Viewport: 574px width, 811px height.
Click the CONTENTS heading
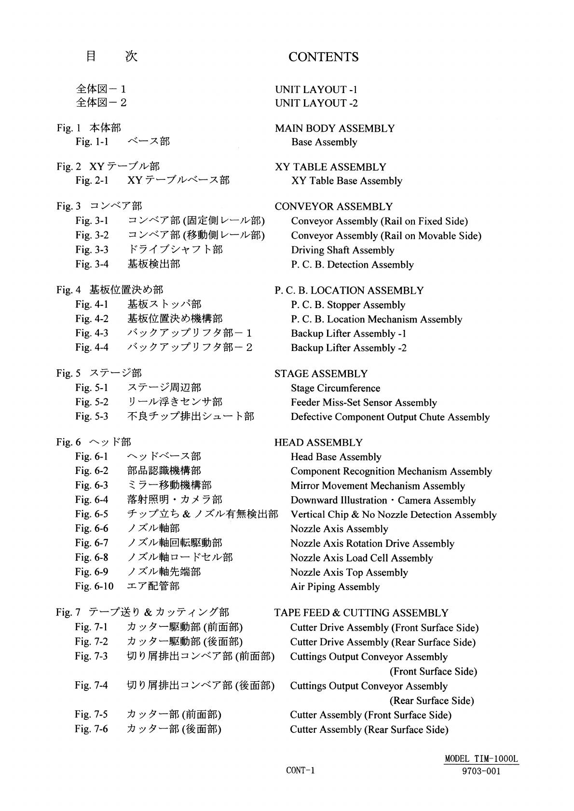pos(323,57)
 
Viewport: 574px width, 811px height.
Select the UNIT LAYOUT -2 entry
pos(316,103)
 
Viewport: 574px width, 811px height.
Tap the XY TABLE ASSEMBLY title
pos(330,167)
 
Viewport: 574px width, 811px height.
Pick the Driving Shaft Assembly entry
pos(342,250)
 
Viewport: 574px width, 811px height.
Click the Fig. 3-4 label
pos(92,264)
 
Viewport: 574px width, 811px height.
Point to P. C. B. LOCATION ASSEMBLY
pos(349,291)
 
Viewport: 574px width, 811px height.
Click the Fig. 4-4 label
pos(92,348)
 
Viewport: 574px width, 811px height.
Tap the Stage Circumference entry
pos(335,389)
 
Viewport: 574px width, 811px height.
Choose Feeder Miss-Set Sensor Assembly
pos(364,403)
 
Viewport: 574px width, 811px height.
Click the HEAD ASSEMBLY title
pos(318,443)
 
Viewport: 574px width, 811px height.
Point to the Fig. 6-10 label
pos(94,586)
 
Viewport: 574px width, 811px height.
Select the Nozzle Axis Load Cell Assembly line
pos(361,558)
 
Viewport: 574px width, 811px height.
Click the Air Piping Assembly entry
pos(335,587)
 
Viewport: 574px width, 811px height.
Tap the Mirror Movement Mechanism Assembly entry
pos(378,486)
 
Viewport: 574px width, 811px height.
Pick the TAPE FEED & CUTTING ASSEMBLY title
pos(361,613)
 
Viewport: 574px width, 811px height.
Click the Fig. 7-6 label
pos(92,729)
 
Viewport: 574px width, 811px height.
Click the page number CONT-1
pos(300,770)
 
